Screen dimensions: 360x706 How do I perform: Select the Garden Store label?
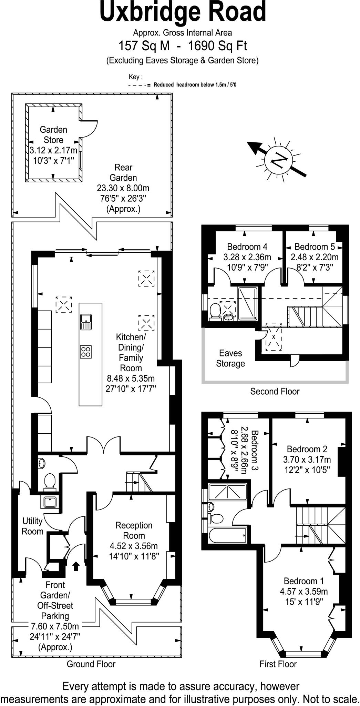pyautogui.click(x=53, y=135)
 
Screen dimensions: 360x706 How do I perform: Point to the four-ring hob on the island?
pyautogui.click(x=86, y=351)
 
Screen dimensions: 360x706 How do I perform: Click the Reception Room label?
pyautogui.click(x=134, y=530)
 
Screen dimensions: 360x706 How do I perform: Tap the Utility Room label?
pyautogui.click(x=32, y=526)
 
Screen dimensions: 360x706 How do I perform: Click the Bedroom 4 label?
pyautogui.click(x=247, y=247)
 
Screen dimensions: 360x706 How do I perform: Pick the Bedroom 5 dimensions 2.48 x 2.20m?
pyautogui.click(x=315, y=257)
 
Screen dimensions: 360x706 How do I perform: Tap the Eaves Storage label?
pyautogui.click(x=230, y=358)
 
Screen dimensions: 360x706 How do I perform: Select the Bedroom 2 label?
pyautogui.click(x=307, y=449)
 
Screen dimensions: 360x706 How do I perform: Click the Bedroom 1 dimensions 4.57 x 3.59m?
pyautogui.click(x=304, y=591)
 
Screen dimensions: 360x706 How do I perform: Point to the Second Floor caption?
pyautogui.click(x=275, y=391)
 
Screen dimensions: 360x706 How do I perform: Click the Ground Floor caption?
pyautogui.click(x=91, y=664)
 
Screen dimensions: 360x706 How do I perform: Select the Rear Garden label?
pyautogui.click(x=123, y=172)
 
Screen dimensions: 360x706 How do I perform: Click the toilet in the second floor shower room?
pyautogui.click(x=215, y=311)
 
